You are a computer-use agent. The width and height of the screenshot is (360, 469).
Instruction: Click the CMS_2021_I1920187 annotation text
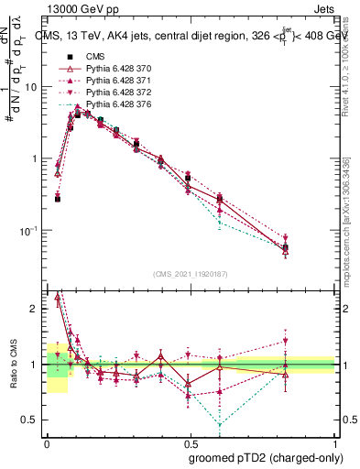[x=190, y=274]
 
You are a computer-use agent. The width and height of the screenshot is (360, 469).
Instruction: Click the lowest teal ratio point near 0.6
[x=220, y=424]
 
